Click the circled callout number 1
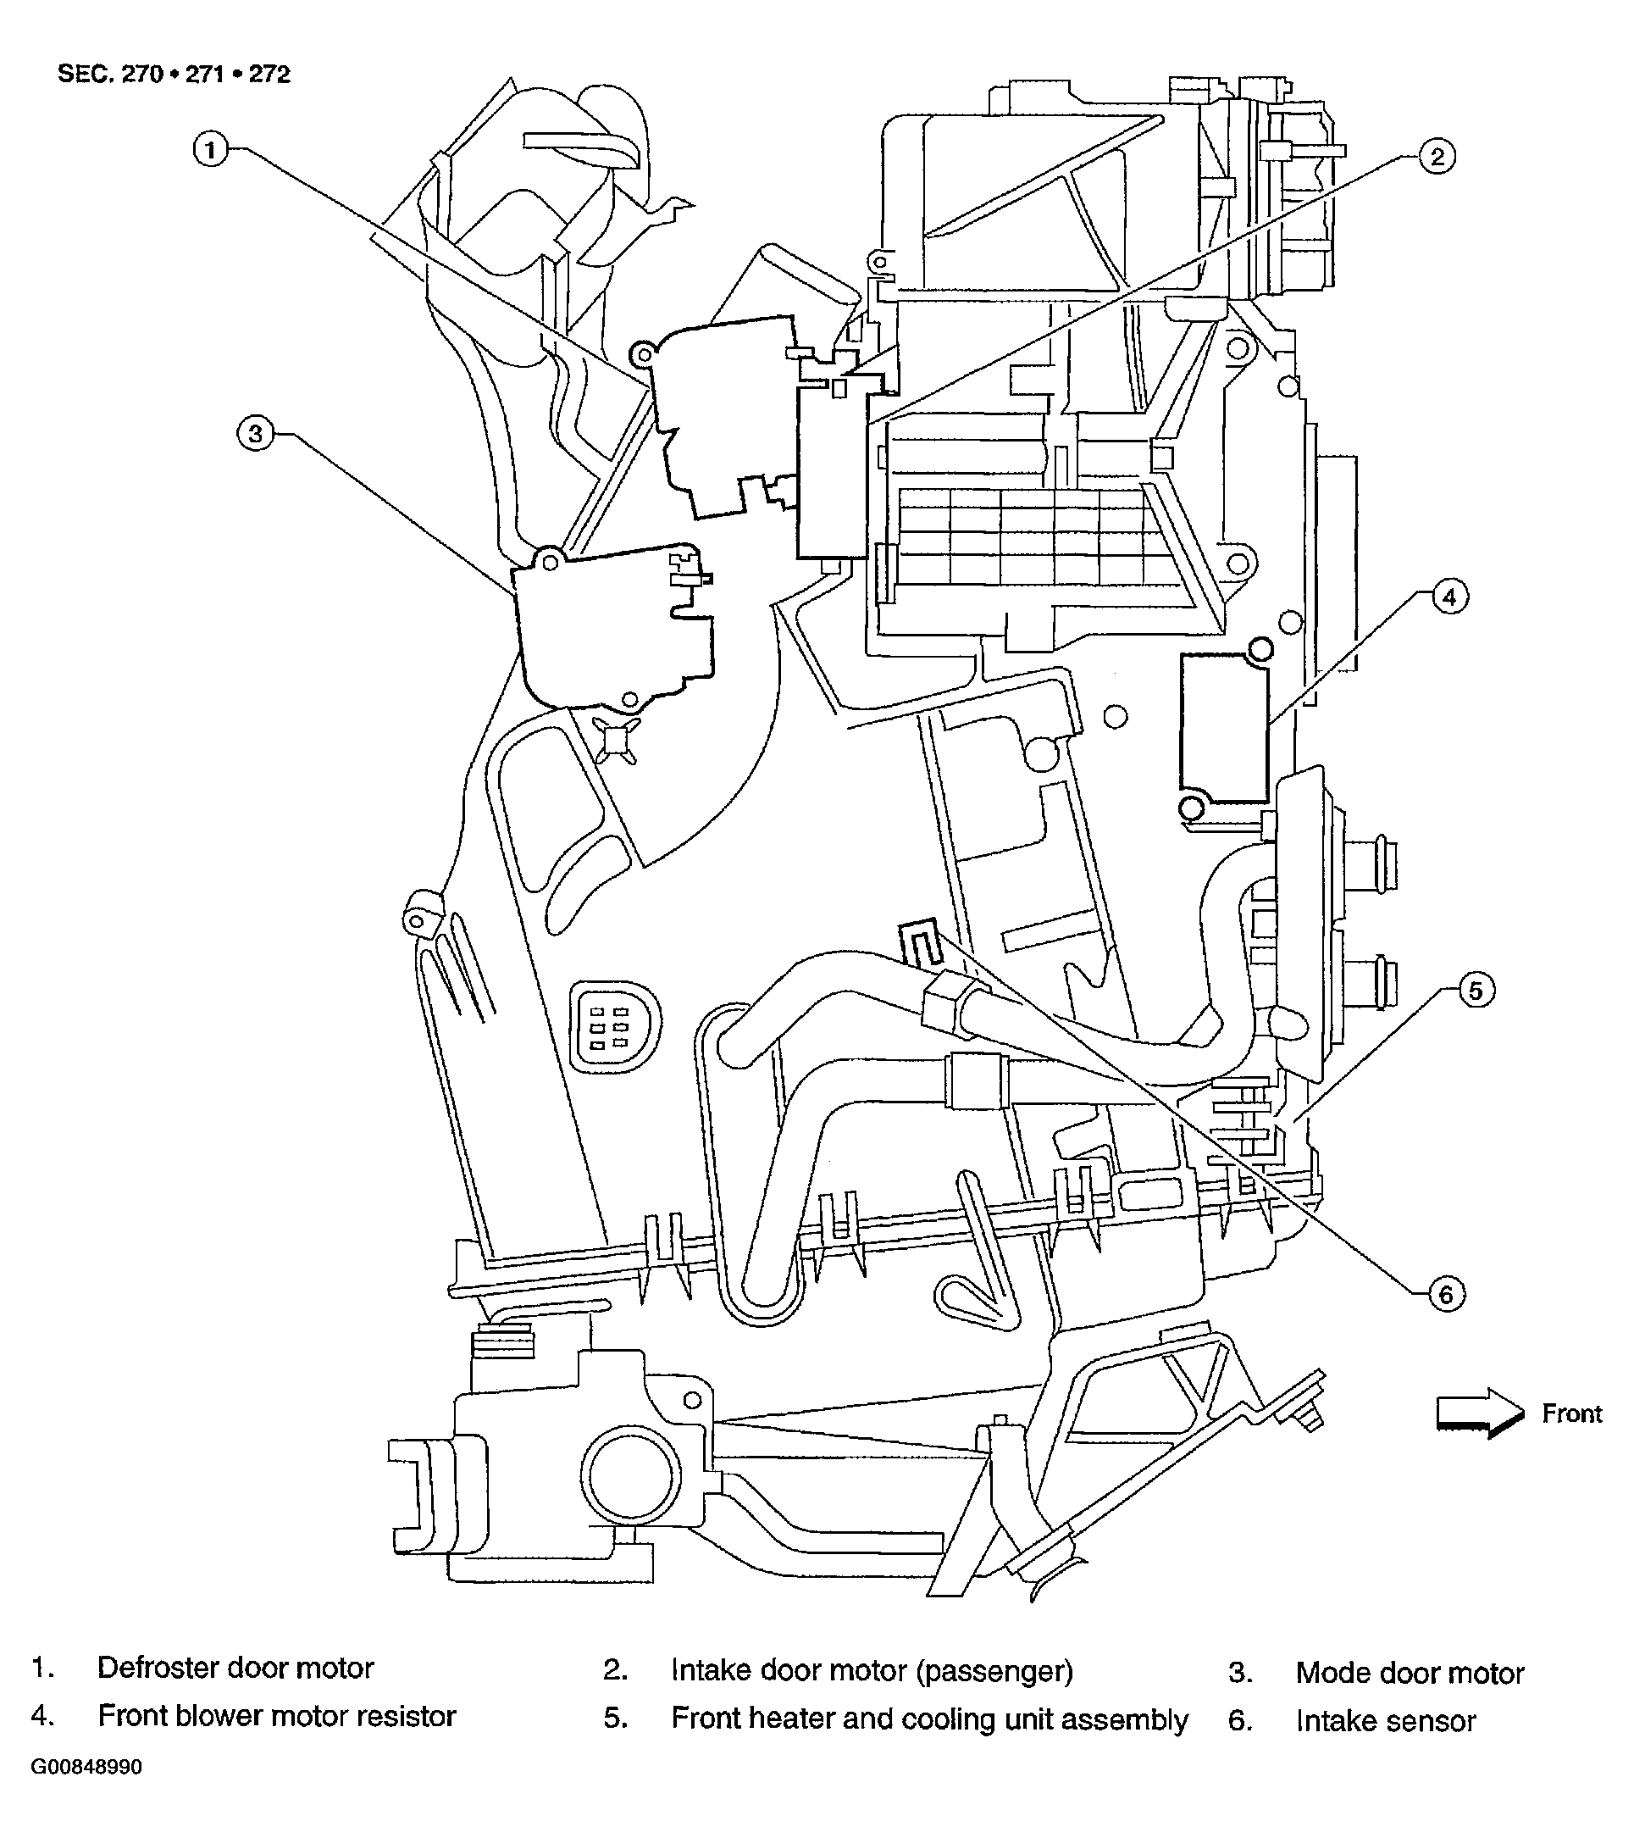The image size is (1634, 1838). point(210,149)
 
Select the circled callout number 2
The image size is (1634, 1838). point(1437,158)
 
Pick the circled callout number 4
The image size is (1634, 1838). point(1448,597)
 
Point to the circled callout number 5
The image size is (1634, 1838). point(1475,991)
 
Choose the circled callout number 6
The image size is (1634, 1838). point(1445,1295)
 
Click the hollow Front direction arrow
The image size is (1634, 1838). point(1479,1413)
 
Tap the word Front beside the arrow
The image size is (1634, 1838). point(1571,1413)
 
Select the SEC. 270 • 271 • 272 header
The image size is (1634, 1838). point(174,74)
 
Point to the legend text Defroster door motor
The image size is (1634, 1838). point(235,1668)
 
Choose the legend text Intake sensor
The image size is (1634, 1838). point(1385,1721)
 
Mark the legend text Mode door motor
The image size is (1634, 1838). point(1410,1673)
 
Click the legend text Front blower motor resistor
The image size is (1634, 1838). point(277,1716)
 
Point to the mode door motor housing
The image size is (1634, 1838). point(612,625)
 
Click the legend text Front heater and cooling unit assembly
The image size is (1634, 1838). point(928,1719)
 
